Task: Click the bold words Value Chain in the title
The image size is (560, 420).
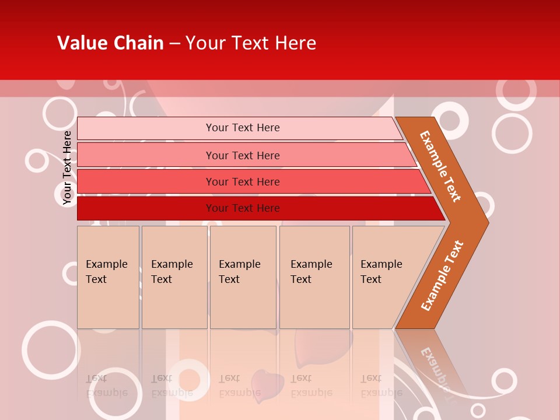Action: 110,43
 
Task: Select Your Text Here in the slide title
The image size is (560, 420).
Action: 251,43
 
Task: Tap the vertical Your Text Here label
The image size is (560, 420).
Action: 67,168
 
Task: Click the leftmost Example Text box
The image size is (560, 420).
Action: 108,277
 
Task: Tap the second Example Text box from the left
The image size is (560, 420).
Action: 174,277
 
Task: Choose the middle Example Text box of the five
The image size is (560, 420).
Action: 243,277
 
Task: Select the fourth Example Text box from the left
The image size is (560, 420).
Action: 314,277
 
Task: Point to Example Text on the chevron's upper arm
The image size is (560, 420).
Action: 440,166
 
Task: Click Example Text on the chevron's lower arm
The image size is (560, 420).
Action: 442,275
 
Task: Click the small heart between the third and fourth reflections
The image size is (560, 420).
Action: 267,383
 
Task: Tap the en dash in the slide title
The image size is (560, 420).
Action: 174,43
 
